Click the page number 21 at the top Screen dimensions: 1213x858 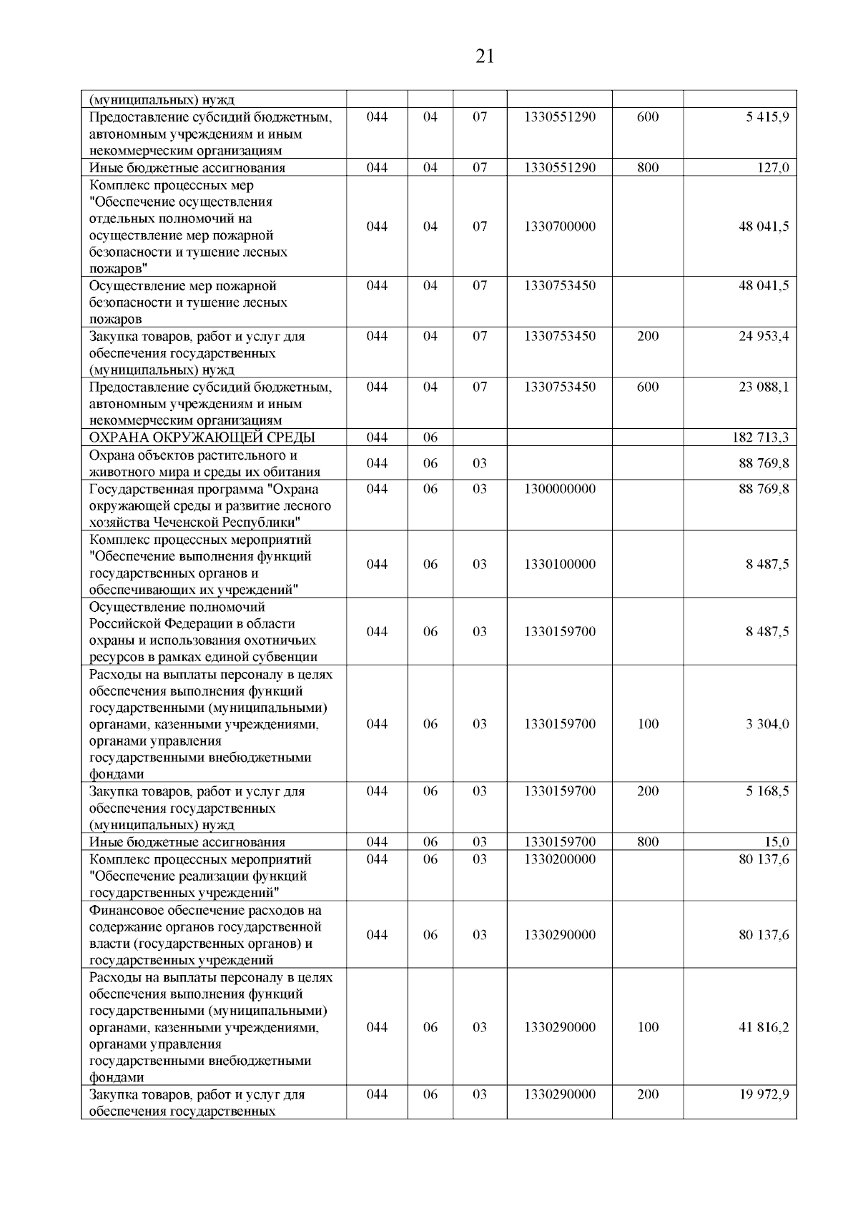484,56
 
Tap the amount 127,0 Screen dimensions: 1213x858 774,168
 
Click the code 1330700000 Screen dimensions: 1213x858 559,227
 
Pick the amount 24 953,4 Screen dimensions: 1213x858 764,336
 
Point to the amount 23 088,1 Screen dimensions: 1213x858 764,387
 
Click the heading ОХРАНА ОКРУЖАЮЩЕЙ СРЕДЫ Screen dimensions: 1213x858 202,437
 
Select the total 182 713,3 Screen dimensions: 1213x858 761,437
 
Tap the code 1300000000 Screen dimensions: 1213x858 559,489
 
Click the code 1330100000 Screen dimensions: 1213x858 559,564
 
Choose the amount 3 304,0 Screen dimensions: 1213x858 767,724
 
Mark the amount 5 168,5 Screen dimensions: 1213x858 767,791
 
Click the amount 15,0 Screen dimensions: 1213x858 776,842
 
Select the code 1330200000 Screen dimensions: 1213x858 559,859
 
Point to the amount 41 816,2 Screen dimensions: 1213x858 764,1027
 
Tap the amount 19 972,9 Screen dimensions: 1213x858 764,1094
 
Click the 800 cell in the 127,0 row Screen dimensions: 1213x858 647,168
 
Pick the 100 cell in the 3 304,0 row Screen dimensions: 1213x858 647,724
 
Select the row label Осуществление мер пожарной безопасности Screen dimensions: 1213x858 182,286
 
